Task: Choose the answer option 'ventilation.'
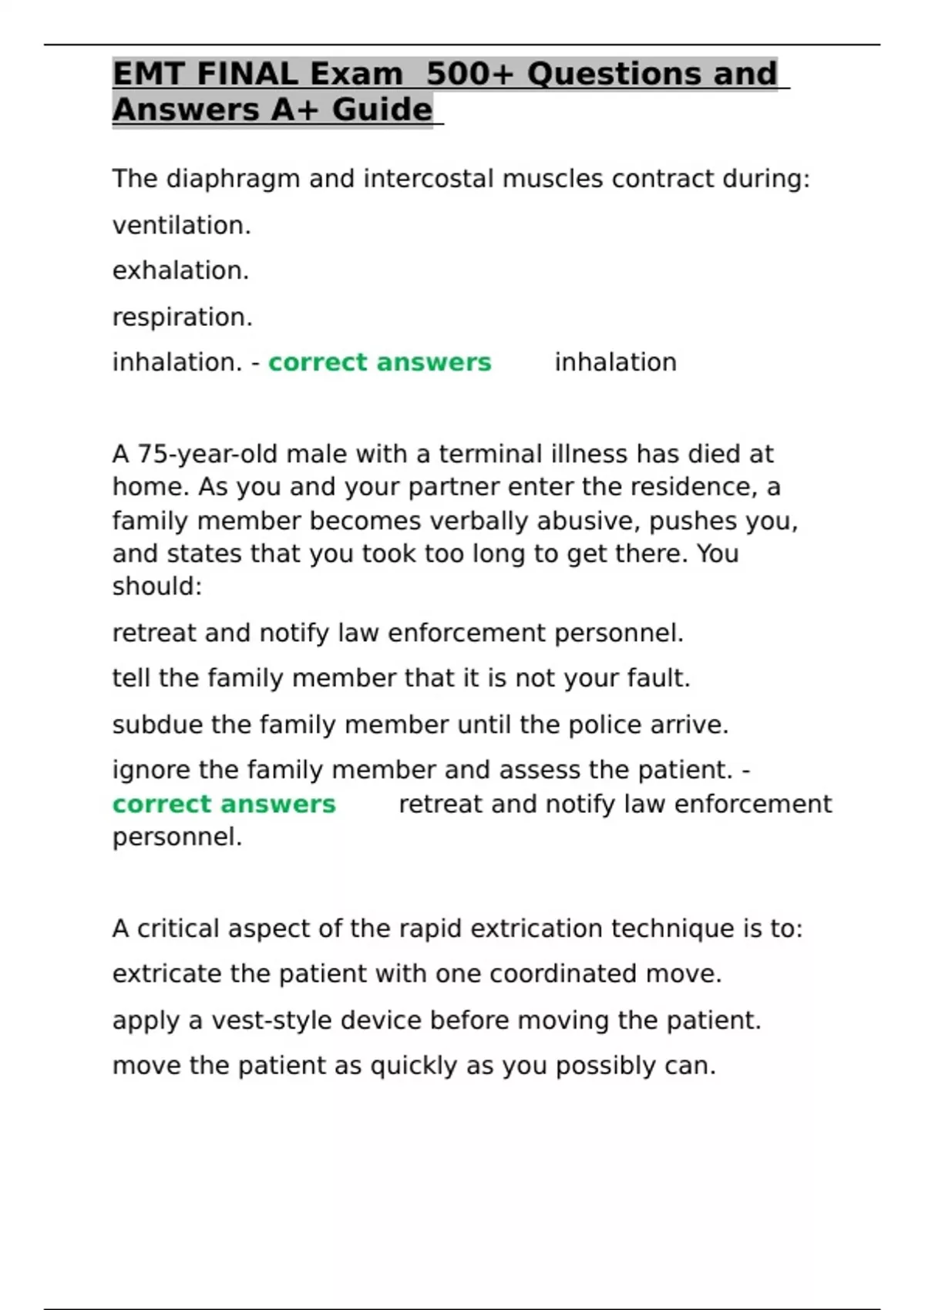(182, 225)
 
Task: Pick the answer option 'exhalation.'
(180, 270)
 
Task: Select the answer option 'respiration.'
(182, 317)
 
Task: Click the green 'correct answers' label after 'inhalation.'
(379, 362)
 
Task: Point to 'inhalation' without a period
(615, 362)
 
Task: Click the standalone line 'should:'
(157, 586)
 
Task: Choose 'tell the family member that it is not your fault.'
(401, 678)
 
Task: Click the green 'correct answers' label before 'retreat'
(224, 804)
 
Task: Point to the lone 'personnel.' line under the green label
(177, 837)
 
